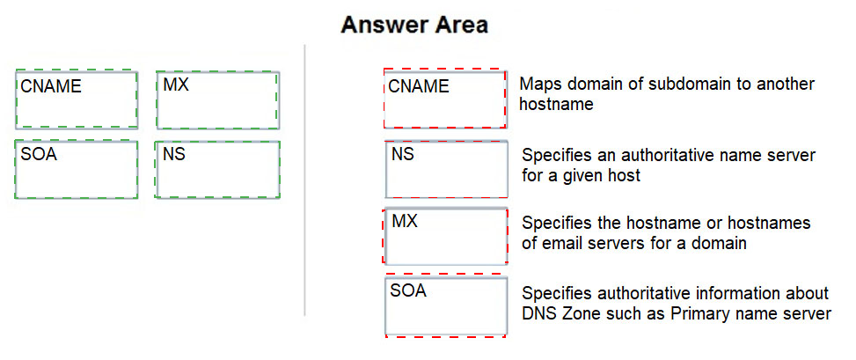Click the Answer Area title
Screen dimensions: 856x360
pos(414,26)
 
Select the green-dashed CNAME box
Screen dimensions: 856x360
pos(77,99)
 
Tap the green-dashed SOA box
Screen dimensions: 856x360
pos(76,169)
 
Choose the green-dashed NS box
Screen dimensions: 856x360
pos(217,169)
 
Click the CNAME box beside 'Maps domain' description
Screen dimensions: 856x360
pos(445,99)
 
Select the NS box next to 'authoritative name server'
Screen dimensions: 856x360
pos(447,169)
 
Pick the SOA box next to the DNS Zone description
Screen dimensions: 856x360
pos(446,305)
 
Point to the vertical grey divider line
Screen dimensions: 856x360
pos(304,180)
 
